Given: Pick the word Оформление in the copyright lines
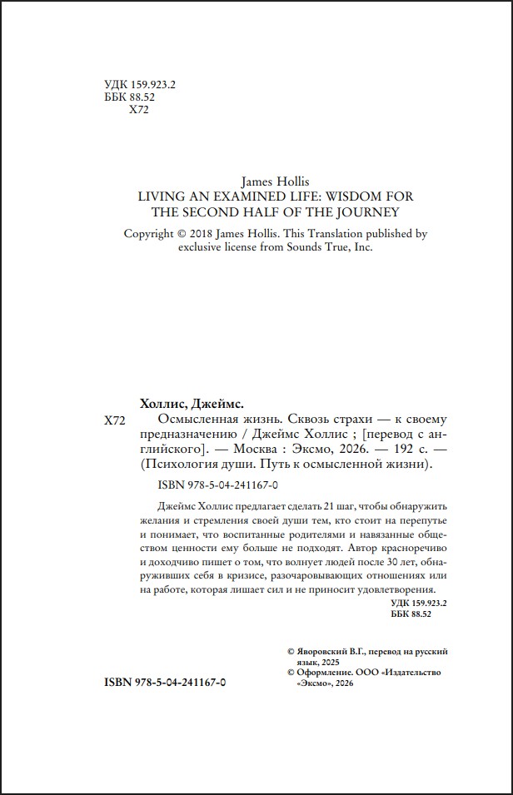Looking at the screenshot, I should click(323, 673).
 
